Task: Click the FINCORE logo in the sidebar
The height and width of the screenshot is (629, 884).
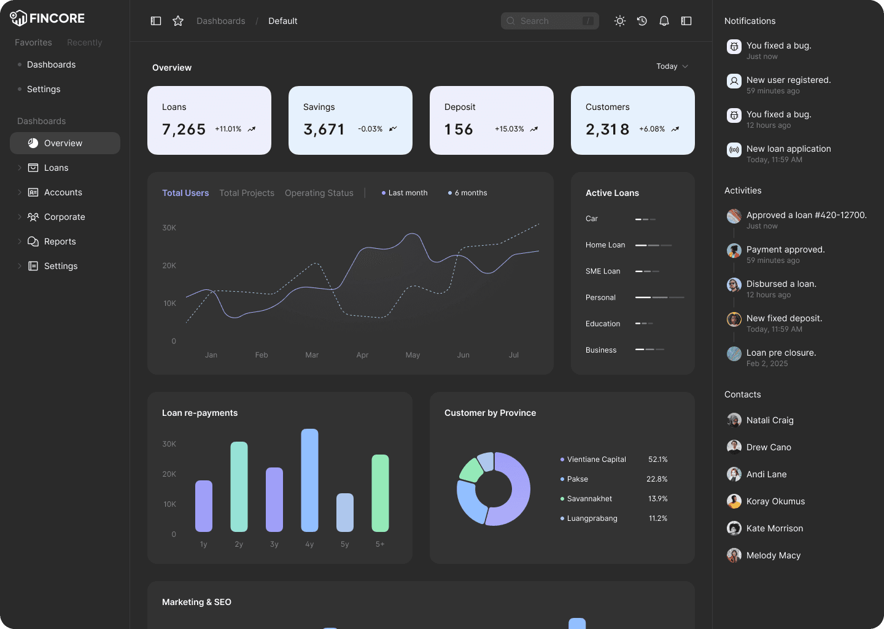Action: [x=47, y=18]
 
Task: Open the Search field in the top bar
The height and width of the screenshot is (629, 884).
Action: [x=549, y=21]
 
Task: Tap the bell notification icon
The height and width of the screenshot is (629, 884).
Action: [x=664, y=21]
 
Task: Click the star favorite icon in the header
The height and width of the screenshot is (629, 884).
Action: [x=178, y=21]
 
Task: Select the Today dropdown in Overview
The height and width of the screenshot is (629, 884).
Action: [x=672, y=66]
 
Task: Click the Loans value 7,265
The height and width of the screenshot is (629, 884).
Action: [x=184, y=130]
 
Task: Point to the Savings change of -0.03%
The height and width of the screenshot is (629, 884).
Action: [x=370, y=129]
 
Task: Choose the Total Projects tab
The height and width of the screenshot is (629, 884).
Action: [x=247, y=193]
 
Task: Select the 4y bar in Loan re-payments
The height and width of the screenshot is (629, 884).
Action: [x=309, y=480]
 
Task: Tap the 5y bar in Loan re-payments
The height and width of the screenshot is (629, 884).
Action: [x=345, y=512]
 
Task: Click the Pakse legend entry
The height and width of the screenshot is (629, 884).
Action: [x=577, y=479]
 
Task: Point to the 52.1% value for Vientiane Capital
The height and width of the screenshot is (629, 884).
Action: [x=657, y=459]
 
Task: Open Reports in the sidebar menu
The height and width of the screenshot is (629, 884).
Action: [x=60, y=241]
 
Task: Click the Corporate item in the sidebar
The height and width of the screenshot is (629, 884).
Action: [x=64, y=217]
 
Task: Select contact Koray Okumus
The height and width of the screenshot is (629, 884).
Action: [x=775, y=501]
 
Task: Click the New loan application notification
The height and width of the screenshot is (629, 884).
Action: [x=788, y=149]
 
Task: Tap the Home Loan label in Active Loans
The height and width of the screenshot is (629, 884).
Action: [x=605, y=245]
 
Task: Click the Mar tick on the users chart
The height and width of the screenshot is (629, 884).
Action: [x=312, y=355]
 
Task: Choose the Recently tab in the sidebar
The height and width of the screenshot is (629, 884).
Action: [x=85, y=42]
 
